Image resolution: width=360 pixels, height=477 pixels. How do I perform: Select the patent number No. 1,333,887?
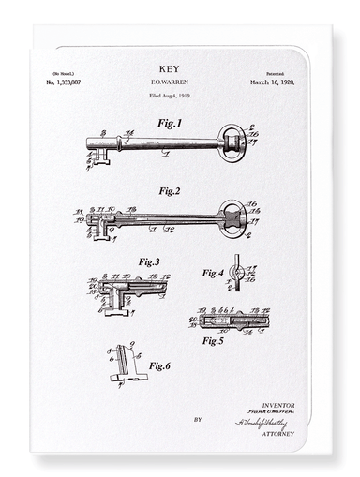[64, 83]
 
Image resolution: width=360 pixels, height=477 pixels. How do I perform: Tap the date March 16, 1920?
[275, 83]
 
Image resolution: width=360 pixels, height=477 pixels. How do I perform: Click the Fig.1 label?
[170, 123]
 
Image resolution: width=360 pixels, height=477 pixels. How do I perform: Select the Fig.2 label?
[170, 190]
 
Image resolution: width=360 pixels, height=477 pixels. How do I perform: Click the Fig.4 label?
[213, 273]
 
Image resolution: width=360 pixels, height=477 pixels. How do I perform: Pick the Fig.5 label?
[213, 340]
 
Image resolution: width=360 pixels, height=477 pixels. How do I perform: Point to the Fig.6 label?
[162, 365]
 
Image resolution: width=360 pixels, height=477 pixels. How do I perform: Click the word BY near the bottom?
[198, 419]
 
